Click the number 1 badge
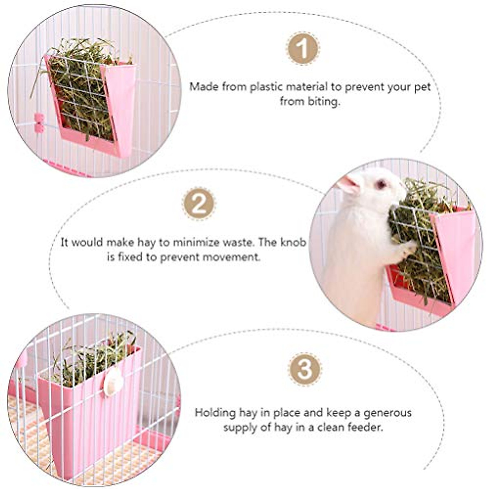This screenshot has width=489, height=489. pos(303,48)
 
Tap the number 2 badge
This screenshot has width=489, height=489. pos(199,204)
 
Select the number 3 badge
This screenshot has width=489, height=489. pos(305,369)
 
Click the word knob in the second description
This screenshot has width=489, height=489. pos(293,242)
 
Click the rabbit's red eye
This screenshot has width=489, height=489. pos(381,184)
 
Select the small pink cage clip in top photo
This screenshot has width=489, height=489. pos(39,123)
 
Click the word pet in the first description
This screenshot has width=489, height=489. pos(422,87)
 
